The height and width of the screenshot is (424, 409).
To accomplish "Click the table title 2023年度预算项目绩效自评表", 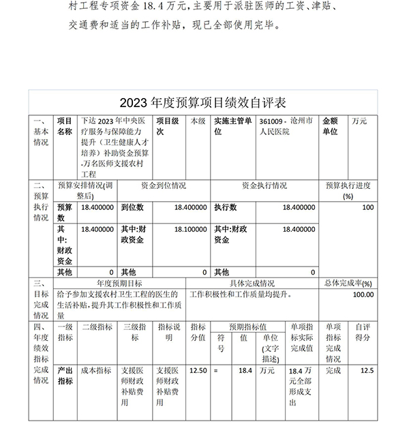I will (204, 103).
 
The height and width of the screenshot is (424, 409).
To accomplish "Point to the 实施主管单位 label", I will (233, 126).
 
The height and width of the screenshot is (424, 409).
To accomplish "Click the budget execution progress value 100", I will (368, 207).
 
